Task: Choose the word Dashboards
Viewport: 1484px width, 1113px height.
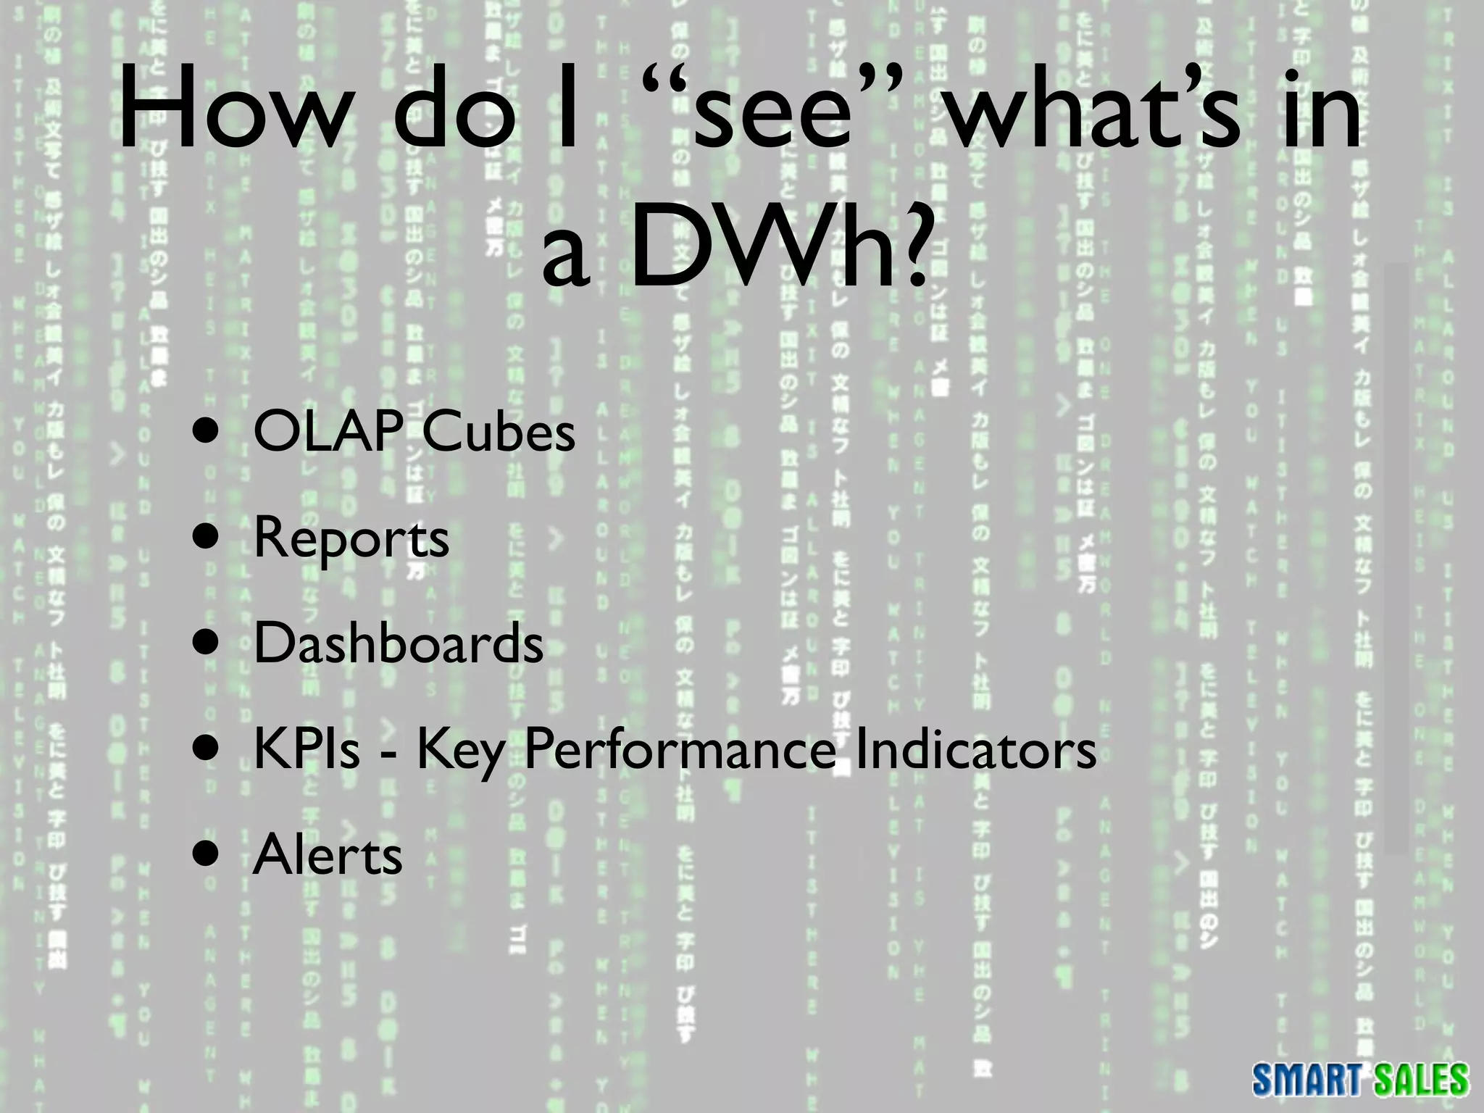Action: click(399, 643)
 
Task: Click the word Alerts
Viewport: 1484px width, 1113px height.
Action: click(328, 855)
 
